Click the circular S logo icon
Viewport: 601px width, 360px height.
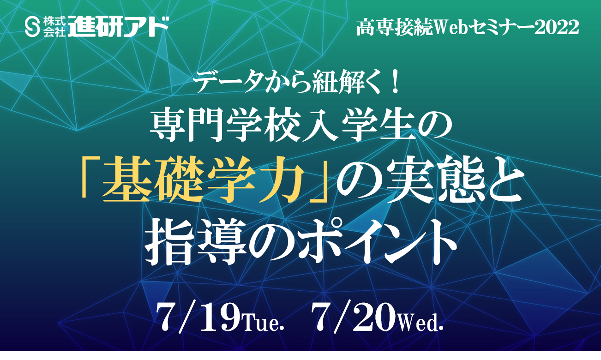point(32,27)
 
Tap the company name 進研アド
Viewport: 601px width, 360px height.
point(118,27)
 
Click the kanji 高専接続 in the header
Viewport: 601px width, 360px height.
point(394,28)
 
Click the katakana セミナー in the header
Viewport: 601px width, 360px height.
point(502,28)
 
